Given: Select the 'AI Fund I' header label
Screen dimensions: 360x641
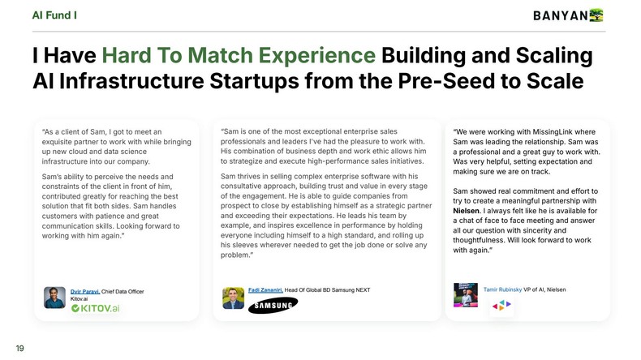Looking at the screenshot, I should coord(55,15).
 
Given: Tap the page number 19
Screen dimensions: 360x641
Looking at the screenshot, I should coord(20,348).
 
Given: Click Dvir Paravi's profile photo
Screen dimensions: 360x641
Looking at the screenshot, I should coord(55,297).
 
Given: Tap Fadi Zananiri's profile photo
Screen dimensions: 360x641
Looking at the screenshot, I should coord(234,297).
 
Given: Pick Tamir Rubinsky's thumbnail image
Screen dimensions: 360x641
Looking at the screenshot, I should coord(465,294).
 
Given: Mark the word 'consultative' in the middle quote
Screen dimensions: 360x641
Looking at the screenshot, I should coord(243,186).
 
